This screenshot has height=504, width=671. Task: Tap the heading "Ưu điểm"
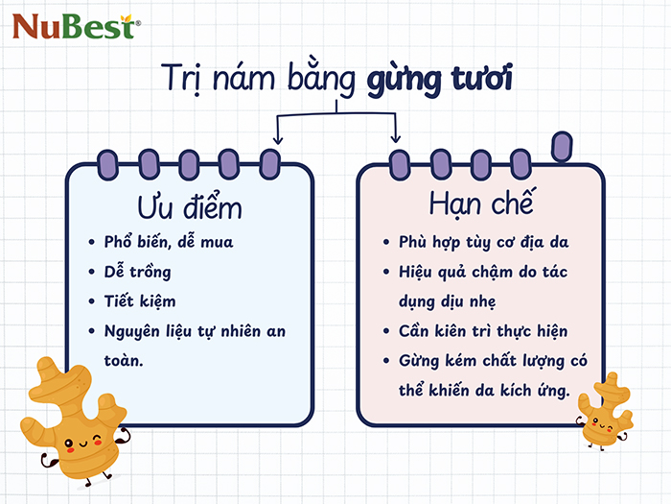click(190, 206)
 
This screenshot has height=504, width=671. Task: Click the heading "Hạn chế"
click(480, 205)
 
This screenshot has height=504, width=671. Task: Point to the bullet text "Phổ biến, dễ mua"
click(169, 241)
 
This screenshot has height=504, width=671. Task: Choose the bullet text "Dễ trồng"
click(140, 271)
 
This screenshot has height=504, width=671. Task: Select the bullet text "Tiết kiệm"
click(140, 300)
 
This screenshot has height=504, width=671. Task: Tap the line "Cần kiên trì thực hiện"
click(483, 331)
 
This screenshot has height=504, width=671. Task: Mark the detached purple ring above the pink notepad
click(563, 145)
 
